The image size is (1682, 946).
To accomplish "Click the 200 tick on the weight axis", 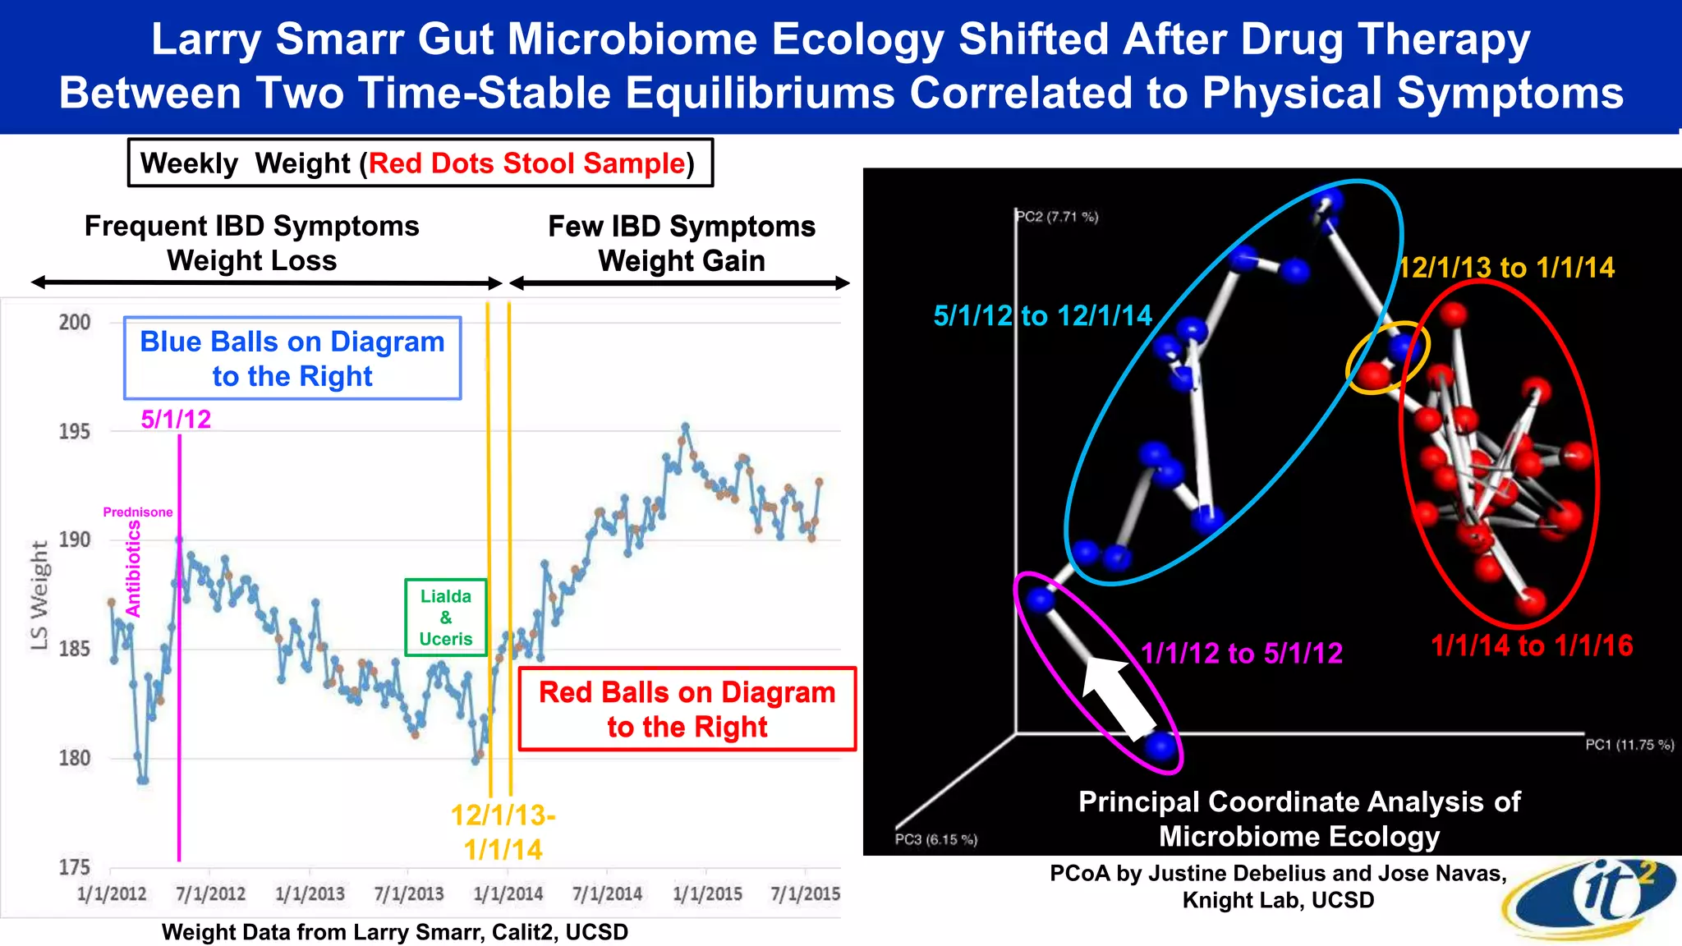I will click(x=75, y=322).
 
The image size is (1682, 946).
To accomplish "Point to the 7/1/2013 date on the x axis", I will click(x=408, y=893).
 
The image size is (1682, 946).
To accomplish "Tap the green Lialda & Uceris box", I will click(x=446, y=618).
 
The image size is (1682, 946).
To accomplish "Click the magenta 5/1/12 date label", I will click(x=176, y=420).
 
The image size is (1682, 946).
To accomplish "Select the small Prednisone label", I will click(x=138, y=512).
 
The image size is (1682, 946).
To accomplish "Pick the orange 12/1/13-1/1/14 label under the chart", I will click(x=503, y=832).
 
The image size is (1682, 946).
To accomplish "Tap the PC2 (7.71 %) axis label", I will click(x=1057, y=217).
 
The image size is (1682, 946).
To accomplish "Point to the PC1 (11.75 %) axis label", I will click(x=1629, y=745).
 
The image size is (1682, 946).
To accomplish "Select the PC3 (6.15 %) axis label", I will click(x=935, y=839).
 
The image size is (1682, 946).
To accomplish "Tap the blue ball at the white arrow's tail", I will click(x=1160, y=745).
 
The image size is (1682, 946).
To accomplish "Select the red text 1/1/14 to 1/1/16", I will click(x=1532, y=645).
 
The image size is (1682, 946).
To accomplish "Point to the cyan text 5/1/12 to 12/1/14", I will click(x=1042, y=315).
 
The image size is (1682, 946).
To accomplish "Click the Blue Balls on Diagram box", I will click(x=292, y=359).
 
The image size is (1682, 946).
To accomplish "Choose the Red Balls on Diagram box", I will click(x=687, y=709).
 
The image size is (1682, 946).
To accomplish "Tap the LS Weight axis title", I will click(x=39, y=595).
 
